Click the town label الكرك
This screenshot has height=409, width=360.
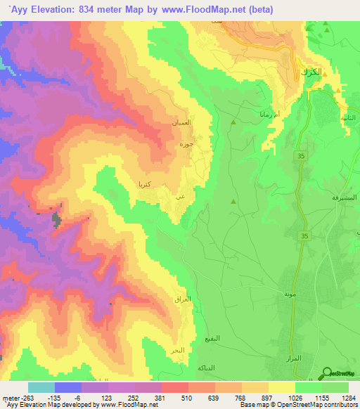pos(310,73)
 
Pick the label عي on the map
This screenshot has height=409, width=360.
pos(181,197)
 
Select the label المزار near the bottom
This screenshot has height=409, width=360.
pos(294,358)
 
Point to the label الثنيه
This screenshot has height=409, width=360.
pos(347,118)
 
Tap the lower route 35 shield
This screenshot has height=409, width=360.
pos(305,235)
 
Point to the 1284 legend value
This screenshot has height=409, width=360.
pos(349,398)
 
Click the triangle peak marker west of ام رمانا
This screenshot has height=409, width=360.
pos(233,122)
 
